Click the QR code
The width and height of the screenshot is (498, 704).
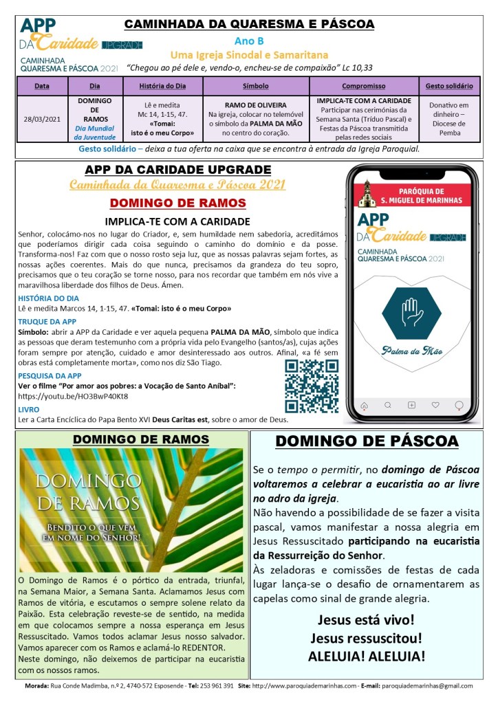[312, 386]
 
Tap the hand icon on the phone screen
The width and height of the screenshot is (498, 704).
[411, 313]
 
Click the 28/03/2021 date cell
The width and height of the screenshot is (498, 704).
[42, 118]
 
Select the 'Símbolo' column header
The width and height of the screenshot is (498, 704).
[256, 87]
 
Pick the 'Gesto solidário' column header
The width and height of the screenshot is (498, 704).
[448, 87]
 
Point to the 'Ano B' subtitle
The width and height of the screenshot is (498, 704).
[248, 41]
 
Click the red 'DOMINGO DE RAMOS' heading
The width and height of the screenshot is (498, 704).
[178, 203]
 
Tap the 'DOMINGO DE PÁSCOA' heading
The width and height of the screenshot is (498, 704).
[367, 441]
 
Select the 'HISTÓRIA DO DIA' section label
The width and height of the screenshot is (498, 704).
[49, 298]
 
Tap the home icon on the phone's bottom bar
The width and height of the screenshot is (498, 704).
[365, 405]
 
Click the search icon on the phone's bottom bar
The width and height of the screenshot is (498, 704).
[388, 405]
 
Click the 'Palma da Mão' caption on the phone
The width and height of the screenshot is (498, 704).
[411, 351]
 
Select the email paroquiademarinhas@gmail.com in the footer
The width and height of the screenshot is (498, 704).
[427, 685]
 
